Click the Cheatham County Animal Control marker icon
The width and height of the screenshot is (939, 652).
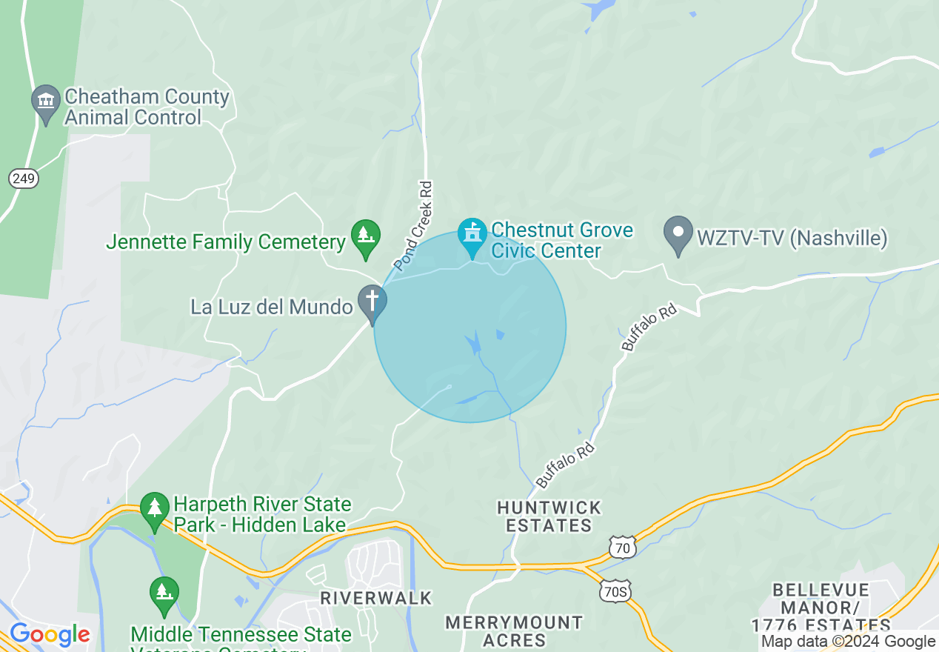(46, 102)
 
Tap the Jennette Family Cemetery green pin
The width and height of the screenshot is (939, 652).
(365, 236)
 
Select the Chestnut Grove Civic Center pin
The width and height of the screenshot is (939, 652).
(472, 234)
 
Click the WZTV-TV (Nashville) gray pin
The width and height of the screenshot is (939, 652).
(678, 233)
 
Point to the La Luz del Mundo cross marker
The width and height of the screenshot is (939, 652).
(372, 302)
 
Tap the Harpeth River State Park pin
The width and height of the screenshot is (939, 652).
(155, 509)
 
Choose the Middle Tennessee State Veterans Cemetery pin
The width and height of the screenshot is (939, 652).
(164, 593)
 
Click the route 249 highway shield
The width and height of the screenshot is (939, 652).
(24, 178)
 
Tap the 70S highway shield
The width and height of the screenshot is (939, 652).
(615, 591)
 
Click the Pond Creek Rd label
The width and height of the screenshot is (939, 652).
(413, 225)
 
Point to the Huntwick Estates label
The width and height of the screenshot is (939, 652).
(549, 516)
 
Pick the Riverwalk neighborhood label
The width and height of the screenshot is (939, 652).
(375, 598)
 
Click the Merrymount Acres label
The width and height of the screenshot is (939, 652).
(514, 631)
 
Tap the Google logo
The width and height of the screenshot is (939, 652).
(50, 635)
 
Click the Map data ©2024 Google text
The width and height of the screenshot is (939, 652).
(849, 642)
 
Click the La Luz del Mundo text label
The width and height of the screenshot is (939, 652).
(271, 306)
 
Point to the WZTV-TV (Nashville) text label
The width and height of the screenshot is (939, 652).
(792, 239)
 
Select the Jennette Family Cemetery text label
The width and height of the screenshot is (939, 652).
(226, 242)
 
